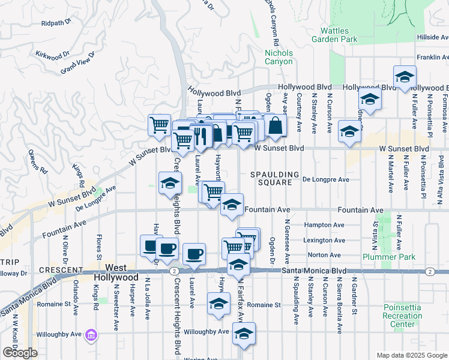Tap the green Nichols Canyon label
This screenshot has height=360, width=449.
coord(279,57)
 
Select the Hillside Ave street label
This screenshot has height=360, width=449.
coord(432,37)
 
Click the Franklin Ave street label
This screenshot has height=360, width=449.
coord(433,58)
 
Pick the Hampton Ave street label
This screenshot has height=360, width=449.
coord(324,225)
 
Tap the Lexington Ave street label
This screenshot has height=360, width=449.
coord(324,240)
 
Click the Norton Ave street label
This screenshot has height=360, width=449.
coord(324,255)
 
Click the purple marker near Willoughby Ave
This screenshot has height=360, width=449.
coord(91,334)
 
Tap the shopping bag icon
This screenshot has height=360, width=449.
coord(274,126)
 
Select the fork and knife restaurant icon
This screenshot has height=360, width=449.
coord(200,135)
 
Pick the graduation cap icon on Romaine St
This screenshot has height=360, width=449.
coord(218,304)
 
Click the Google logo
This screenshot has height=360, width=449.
coord(20,353)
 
